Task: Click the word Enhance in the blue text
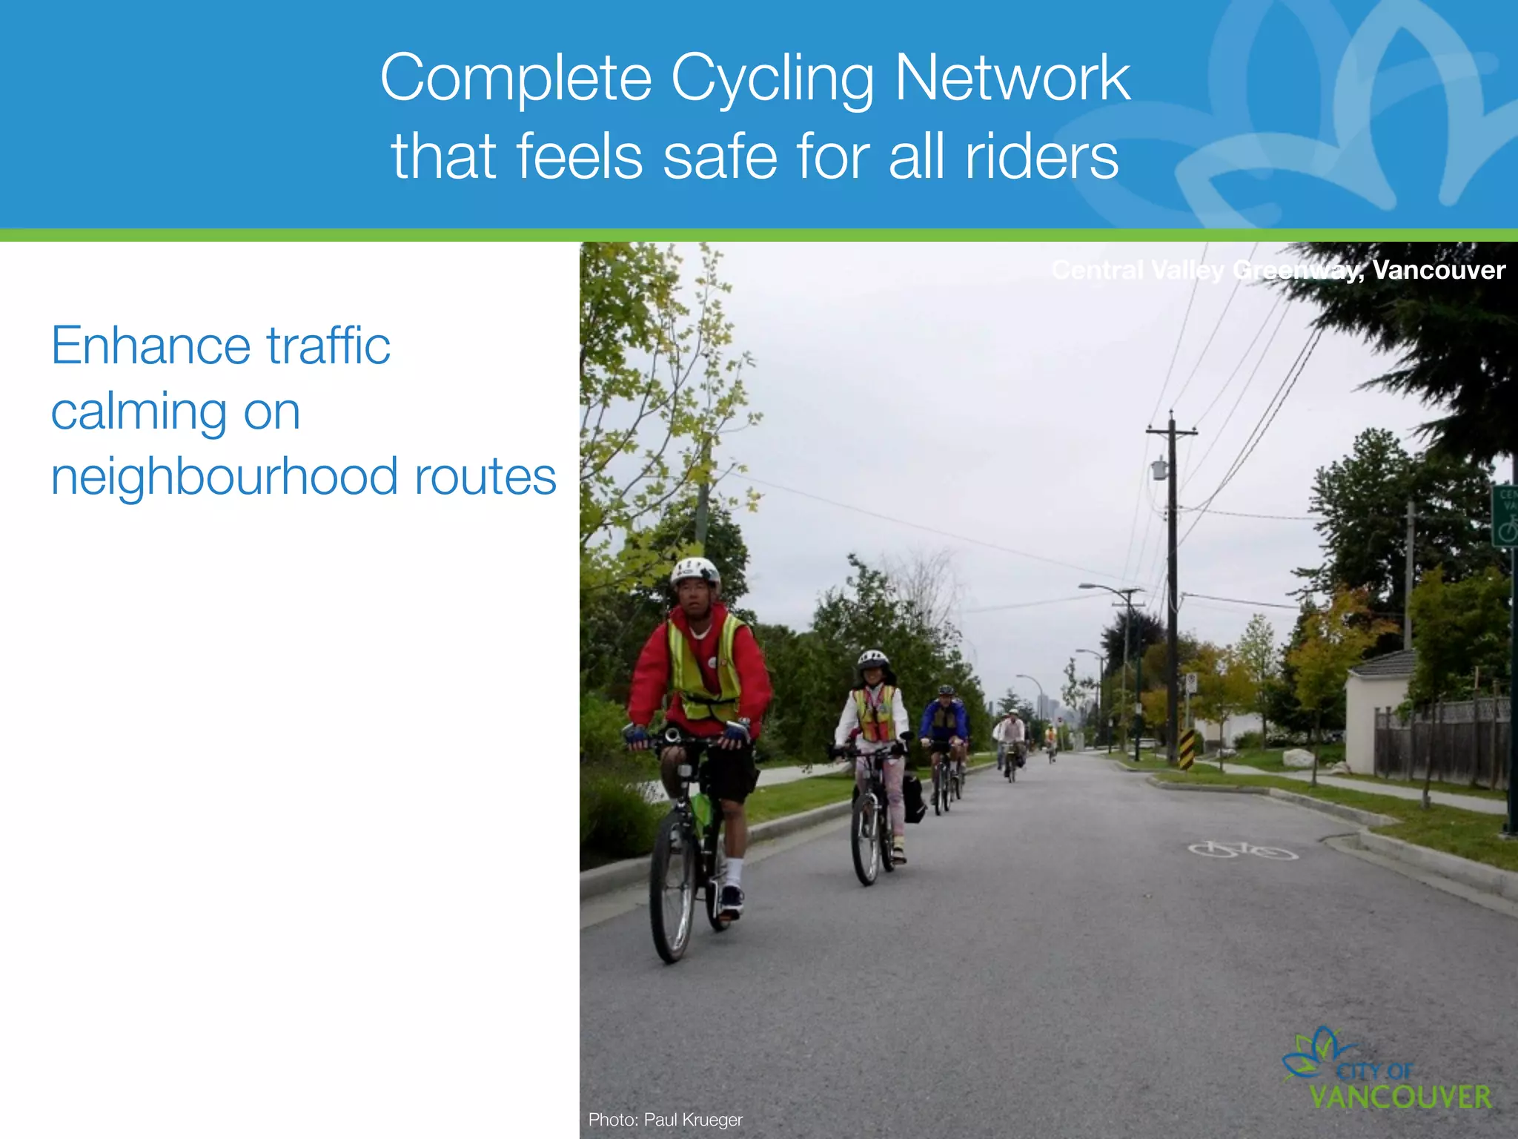150,346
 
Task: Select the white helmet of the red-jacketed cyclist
695,571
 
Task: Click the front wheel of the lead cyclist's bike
672,886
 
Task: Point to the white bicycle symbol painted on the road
1243,850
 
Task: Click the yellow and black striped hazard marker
1187,748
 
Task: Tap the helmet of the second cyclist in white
872,658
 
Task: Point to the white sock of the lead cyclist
733,871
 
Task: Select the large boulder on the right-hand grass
1298,758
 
